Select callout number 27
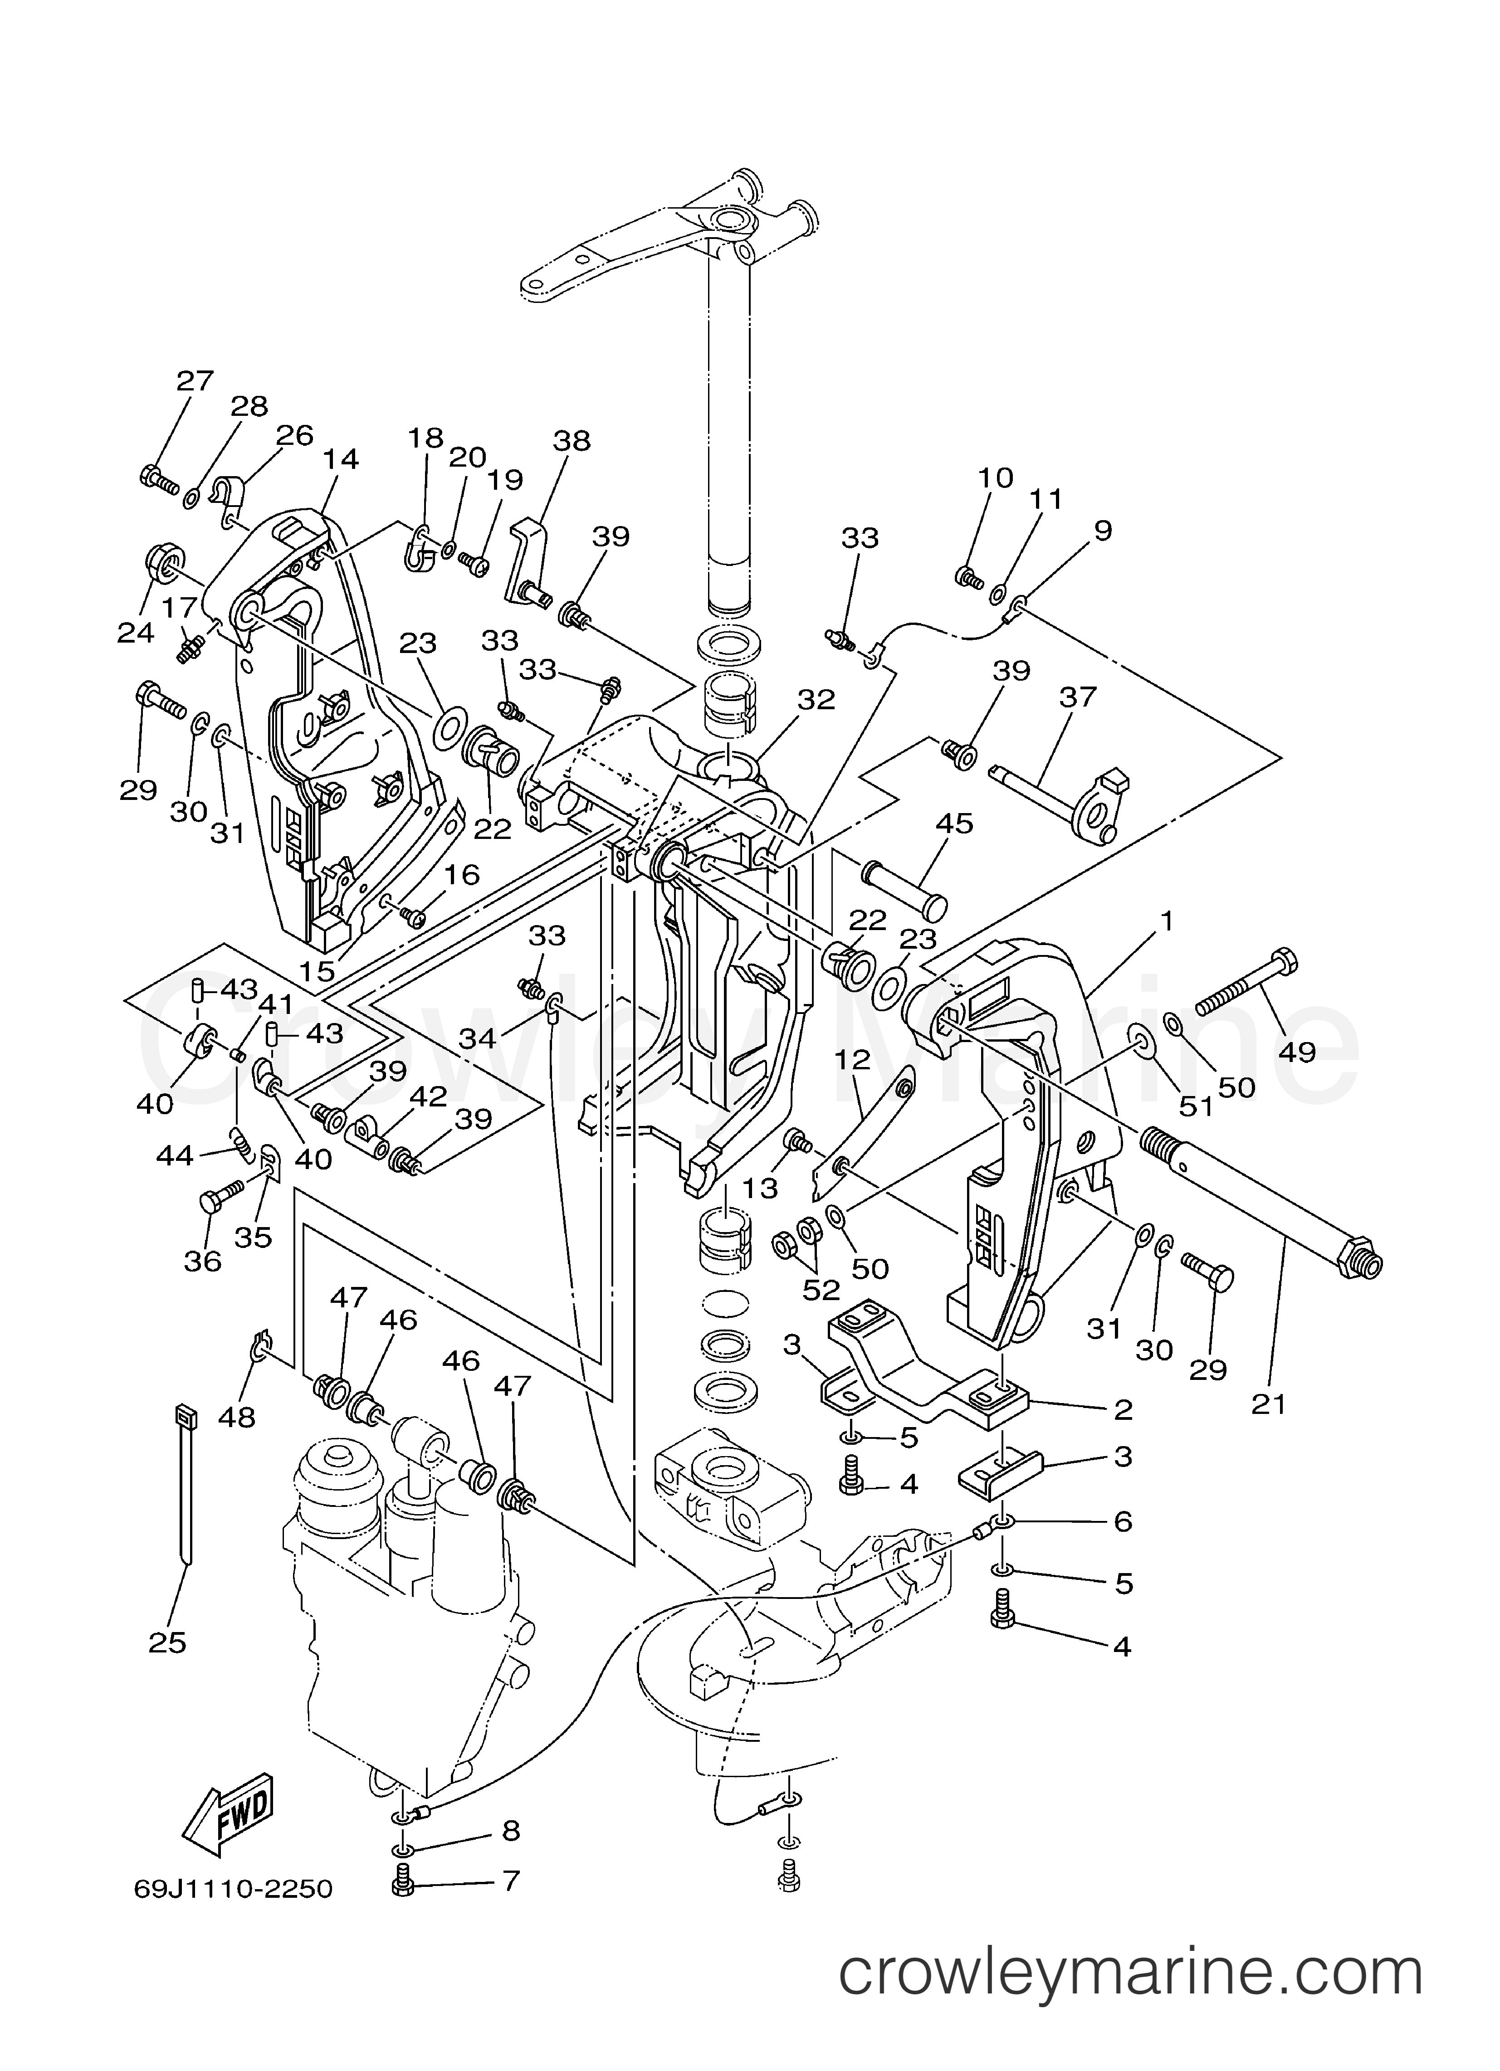coord(195,381)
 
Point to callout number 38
coord(572,441)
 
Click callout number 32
coord(816,700)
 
